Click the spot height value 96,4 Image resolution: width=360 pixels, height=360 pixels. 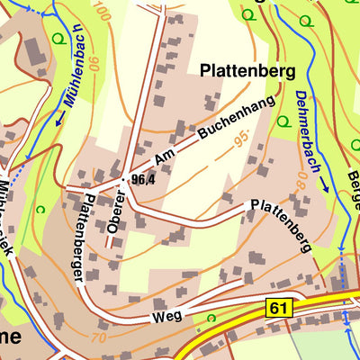(x=143, y=180)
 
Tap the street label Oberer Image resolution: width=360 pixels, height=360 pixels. (x=115, y=214)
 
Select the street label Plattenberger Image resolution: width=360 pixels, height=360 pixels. (x=85, y=236)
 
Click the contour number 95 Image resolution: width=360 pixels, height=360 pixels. (x=239, y=141)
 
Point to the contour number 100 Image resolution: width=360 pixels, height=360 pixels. (x=100, y=13)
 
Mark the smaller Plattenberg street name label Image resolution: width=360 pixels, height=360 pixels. (x=282, y=225)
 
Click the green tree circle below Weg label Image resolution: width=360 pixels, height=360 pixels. (x=211, y=318)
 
